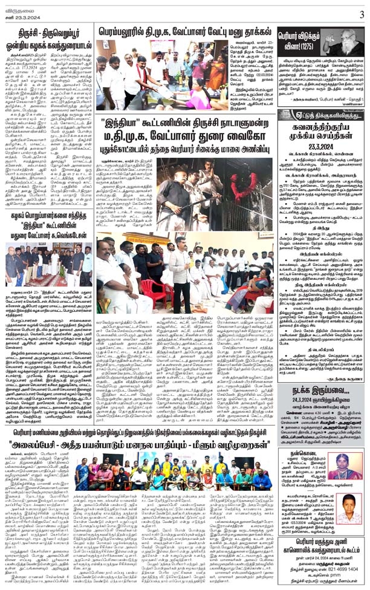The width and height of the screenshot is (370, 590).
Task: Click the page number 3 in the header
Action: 362,13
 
